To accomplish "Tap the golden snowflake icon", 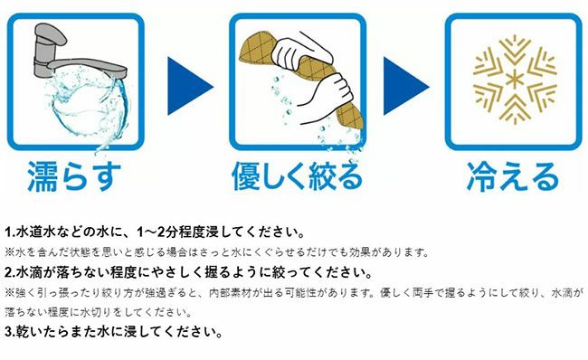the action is point(515,80).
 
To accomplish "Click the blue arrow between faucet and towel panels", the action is point(190,86).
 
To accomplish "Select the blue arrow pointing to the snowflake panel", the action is point(406,86).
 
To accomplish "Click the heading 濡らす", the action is point(74,176).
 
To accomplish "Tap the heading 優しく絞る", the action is point(297,176).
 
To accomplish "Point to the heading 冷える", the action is point(513,176).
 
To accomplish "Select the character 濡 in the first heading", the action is point(43,176).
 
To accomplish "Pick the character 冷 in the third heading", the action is point(482,176).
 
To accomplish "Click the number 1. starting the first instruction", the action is point(9,232).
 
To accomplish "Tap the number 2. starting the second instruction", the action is point(9,272).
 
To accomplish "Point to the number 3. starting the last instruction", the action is point(9,331).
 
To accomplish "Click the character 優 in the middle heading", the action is point(247,176).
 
